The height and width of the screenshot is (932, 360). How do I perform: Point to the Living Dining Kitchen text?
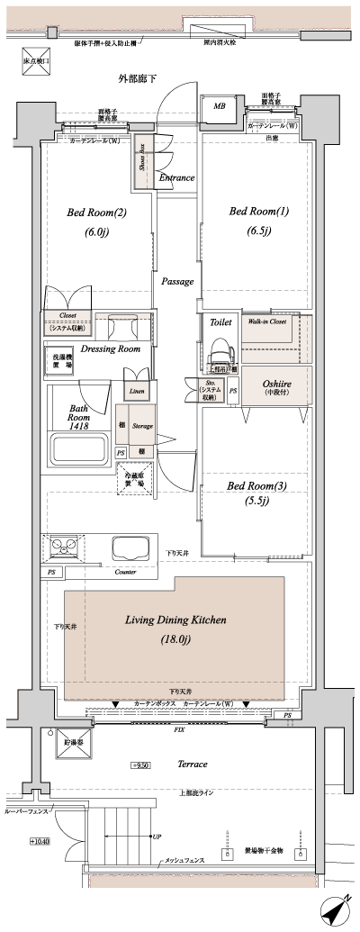point(175,620)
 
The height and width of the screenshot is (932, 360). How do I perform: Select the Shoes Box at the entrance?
point(143,162)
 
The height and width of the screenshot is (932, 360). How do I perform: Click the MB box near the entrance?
point(220,107)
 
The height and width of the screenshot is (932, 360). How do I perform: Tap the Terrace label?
point(192,764)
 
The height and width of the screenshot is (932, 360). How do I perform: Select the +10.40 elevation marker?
point(40,841)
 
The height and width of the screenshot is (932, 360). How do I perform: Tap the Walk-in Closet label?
point(267,321)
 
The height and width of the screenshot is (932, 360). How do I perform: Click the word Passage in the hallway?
point(177,282)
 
